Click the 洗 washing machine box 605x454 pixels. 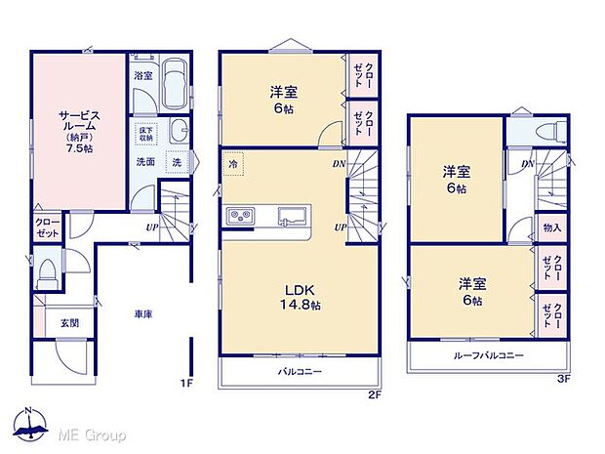click(x=179, y=162)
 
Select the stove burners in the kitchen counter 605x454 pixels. click(x=240, y=216)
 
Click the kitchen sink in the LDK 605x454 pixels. click(x=292, y=216)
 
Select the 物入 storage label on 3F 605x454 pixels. click(x=551, y=227)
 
